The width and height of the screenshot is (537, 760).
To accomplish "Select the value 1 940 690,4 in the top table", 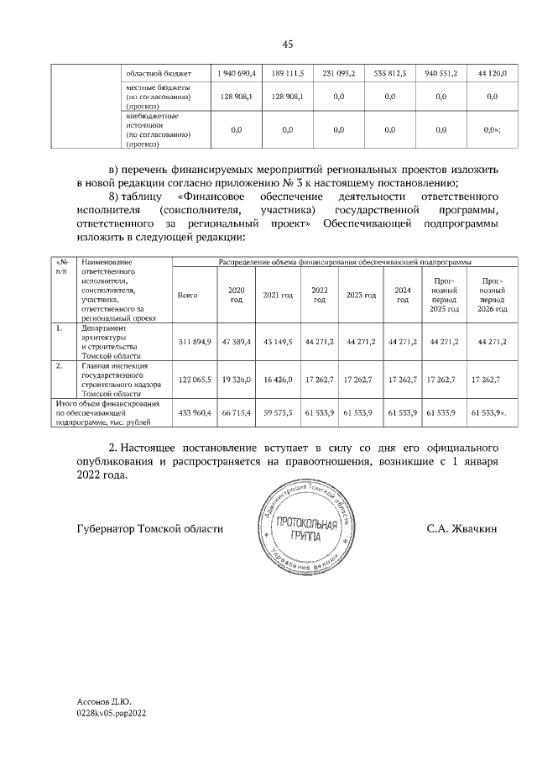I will click(236, 74).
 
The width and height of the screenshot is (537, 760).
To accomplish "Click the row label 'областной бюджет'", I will click(159, 74).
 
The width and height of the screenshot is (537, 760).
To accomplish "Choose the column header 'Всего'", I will click(188, 296).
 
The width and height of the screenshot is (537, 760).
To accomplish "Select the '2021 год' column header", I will click(277, 296).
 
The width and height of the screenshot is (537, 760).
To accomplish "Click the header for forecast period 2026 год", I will click(493, 295).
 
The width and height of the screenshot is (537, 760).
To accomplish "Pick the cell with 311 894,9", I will click(196, 343).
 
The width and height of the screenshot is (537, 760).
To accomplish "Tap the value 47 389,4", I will click(237, 343).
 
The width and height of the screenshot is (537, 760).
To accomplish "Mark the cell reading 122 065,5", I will click(196, 380).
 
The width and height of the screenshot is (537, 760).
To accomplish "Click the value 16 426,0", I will click(278, 380).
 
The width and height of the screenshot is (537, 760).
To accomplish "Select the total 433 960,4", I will click(196, 414).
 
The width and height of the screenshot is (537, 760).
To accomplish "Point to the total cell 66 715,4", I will click(237, 414).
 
